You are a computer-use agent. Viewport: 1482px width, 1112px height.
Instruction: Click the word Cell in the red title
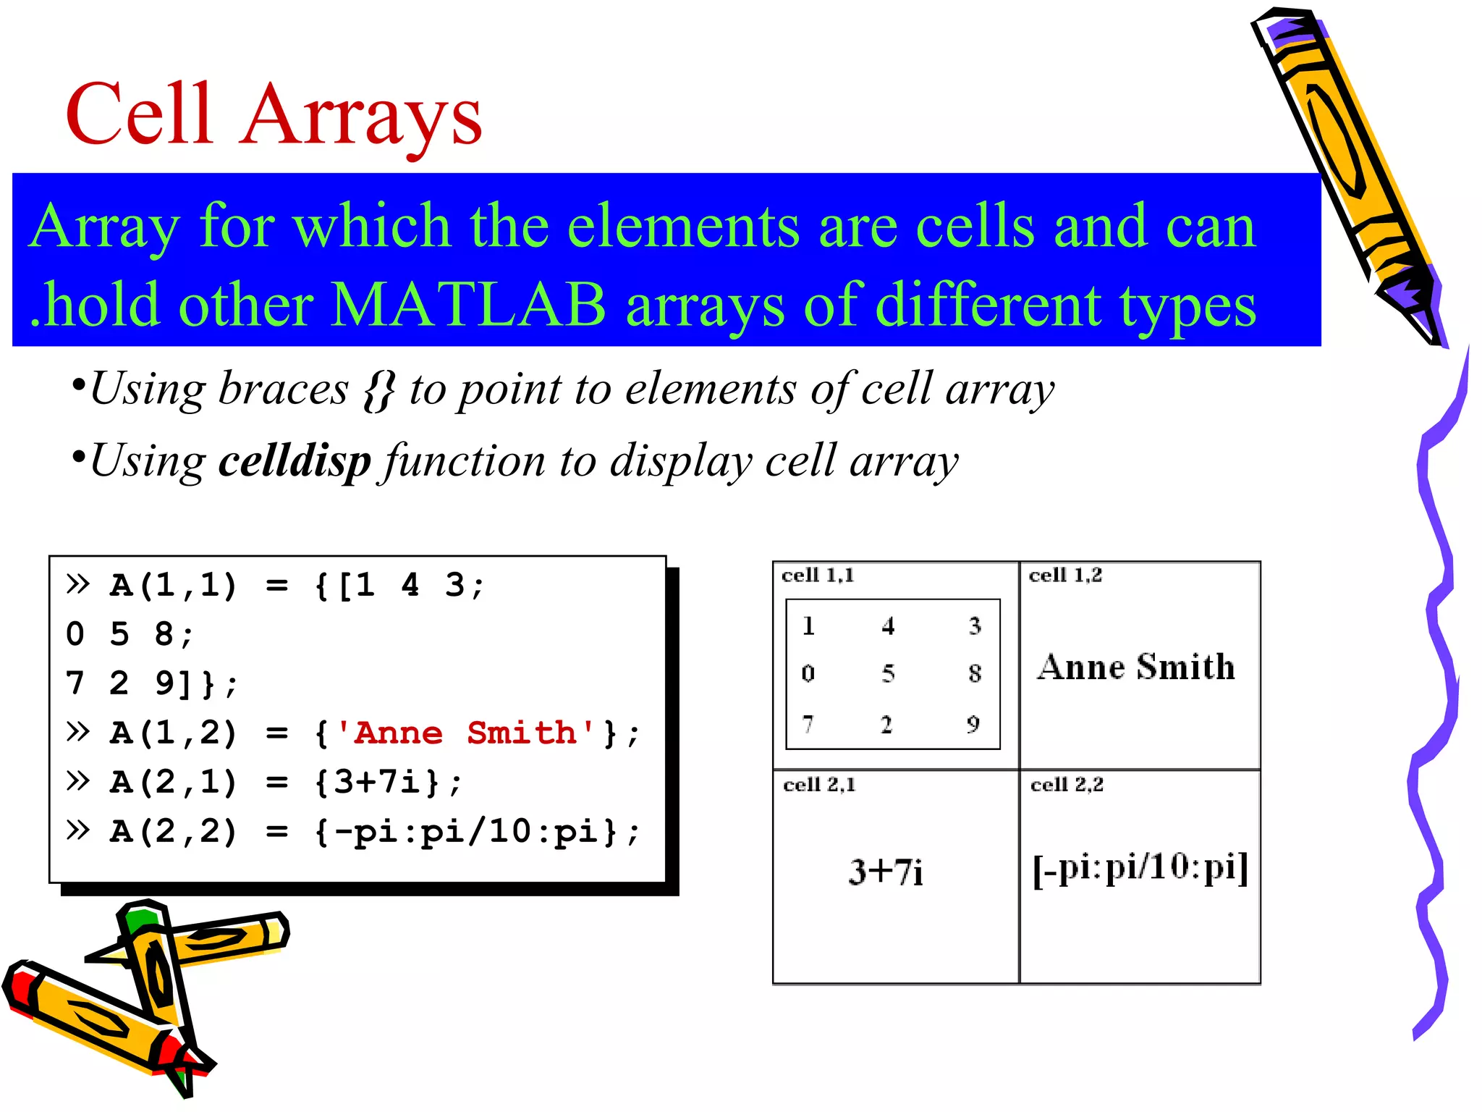click(x=140, y=114)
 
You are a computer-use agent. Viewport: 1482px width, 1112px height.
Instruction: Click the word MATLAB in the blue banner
click(x=469, y=305)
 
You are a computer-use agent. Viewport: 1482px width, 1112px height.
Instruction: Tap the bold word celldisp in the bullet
click(x=295, y=460)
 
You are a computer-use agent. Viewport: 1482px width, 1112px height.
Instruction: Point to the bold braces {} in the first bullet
click(x=379, y=390)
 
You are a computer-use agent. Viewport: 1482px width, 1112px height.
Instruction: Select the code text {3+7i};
click(x=388, y=782)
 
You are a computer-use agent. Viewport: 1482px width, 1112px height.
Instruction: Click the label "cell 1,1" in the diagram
click(x=818, y=576)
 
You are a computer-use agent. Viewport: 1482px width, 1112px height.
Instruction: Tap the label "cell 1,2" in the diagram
click(x=1065, y=576)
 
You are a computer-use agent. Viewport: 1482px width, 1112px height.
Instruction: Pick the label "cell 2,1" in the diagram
click(x=819, y=785)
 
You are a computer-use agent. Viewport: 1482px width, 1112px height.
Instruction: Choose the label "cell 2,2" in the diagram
click(x=1067, y=785)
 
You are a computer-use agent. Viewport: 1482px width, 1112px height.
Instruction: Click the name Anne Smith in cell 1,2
click(x=1136, y=667)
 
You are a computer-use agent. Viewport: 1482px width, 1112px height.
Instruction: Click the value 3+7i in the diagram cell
click(x=886, y=872)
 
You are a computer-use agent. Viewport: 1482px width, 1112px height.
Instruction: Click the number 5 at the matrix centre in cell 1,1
click(x=888, y=674)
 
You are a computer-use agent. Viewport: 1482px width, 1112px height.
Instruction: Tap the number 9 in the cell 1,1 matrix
click(x=973, y=724)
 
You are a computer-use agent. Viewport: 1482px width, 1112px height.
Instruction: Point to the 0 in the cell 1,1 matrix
click(x=808, y=674)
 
